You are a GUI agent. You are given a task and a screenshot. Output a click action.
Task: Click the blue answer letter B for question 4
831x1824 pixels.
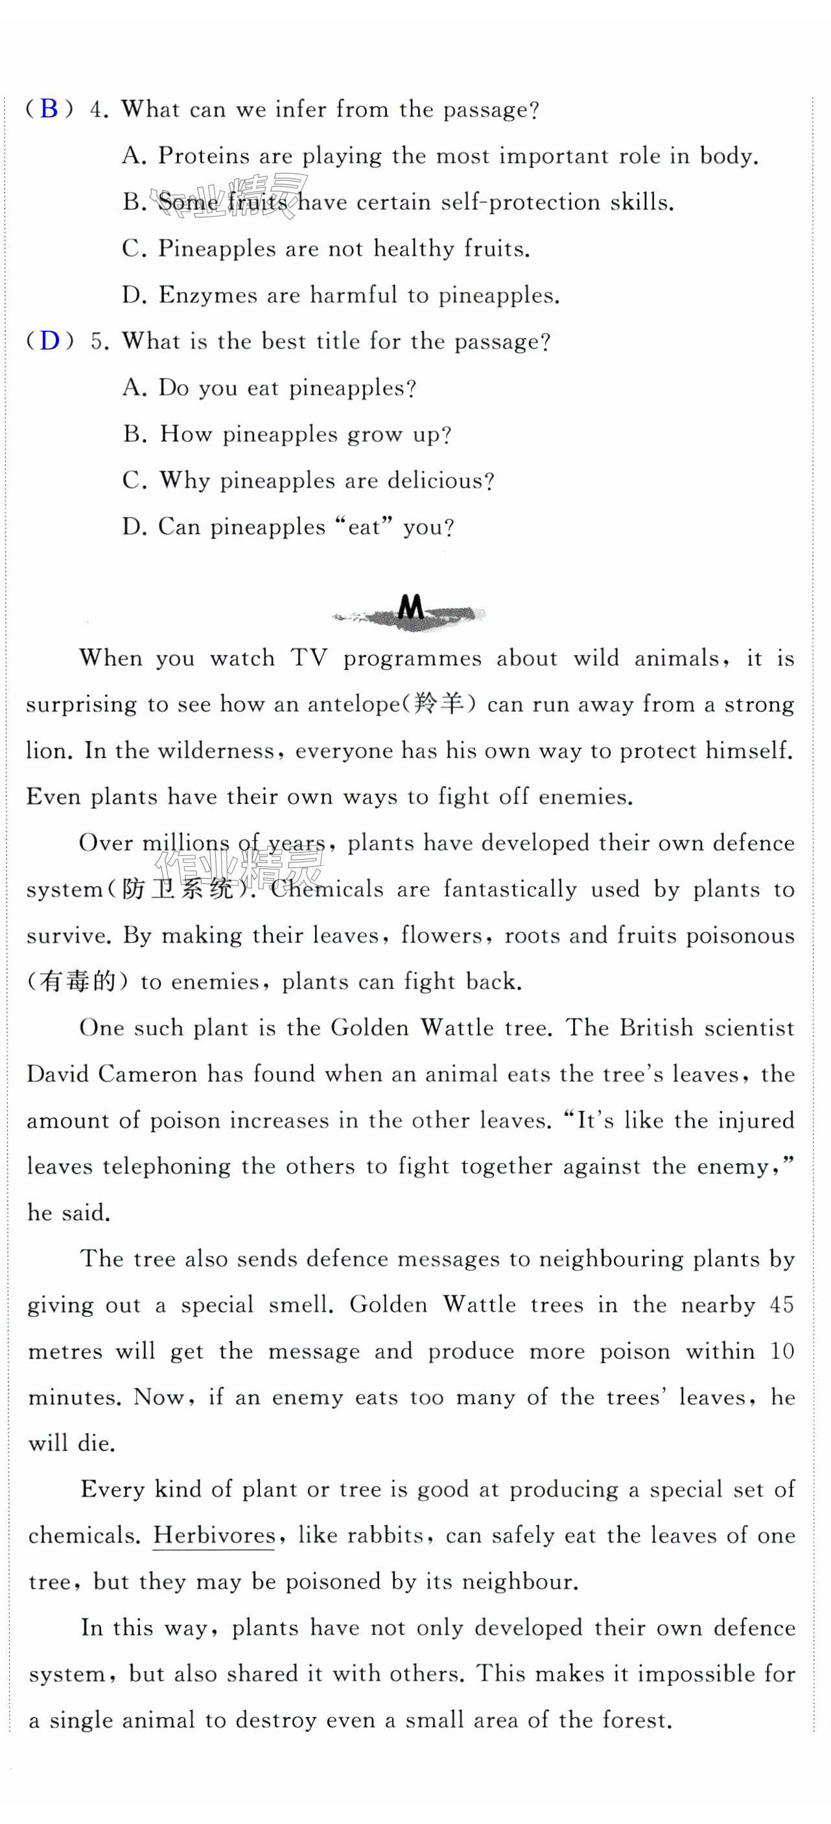49,108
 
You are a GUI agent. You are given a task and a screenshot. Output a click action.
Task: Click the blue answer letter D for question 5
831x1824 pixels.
49,340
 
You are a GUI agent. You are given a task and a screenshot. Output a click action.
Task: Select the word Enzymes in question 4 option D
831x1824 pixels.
207,294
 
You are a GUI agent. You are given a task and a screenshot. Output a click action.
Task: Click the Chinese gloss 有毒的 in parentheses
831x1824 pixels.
77,982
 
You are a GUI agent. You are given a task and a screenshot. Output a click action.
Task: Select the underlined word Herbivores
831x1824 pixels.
213,1535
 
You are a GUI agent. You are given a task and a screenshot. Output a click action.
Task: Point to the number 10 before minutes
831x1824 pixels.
782,1351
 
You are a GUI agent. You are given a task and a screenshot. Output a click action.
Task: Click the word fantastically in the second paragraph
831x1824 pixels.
509,890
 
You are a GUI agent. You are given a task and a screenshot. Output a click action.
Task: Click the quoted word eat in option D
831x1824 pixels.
364,527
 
